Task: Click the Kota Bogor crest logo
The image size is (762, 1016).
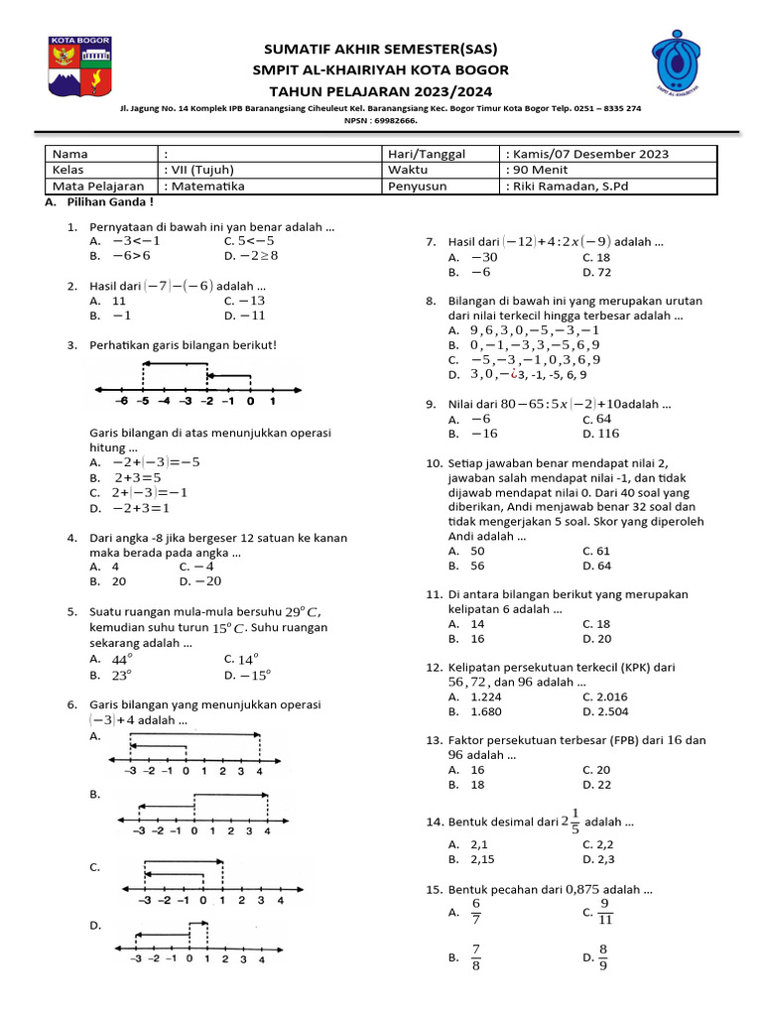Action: tap(80, 68)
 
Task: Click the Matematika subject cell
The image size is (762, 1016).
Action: tap(208, 186)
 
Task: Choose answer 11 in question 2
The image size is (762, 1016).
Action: tap(119, 301)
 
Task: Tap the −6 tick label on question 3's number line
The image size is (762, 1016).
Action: tap(122, 402)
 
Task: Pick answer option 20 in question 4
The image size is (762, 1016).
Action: tap(118, 581)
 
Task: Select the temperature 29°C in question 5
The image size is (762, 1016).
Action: tap(303, 612)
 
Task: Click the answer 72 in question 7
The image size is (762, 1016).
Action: tap(604, 272)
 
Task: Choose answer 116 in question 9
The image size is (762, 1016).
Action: tap(608, 434)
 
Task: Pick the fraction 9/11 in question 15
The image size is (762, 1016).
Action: tap(605, 911)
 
